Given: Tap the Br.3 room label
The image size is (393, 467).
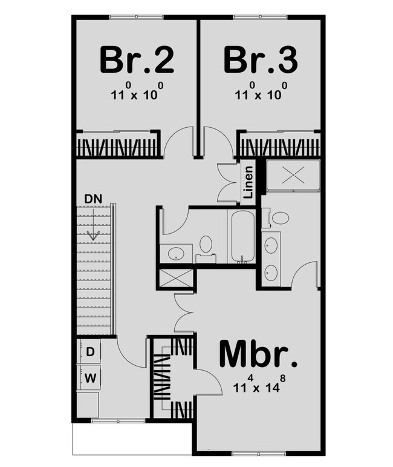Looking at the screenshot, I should [x=261, y=59].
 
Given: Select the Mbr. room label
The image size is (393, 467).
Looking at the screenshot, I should [x=258, y=356].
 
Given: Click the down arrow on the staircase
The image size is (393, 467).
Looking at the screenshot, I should [x=93, y=233].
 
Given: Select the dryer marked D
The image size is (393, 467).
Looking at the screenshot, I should [x=90, y=351].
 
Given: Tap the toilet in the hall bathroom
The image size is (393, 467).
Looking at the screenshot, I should [x=206, y=245].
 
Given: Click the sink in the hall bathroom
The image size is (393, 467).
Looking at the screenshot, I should [x=175, y=253].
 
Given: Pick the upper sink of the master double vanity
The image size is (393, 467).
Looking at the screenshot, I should [x=271, y=245].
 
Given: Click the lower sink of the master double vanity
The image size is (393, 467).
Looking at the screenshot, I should [x=271, y=273].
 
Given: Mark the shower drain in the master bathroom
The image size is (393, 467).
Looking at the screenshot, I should [x=293, y=174].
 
